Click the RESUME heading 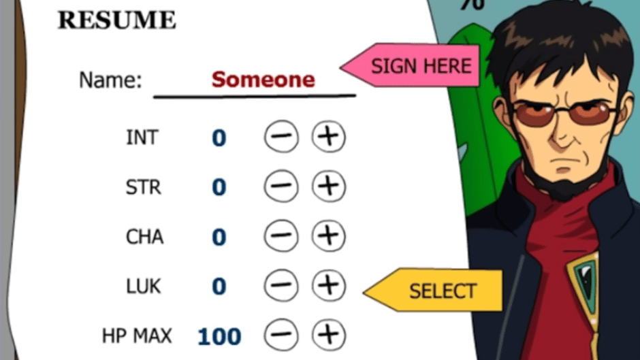pos(116,20)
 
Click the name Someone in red pos(263,79)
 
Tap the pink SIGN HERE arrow pos(410,65)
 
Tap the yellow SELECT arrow pos(432,290)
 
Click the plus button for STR pos(329,186)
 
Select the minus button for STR pos(281,186)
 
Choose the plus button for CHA pos(329,236)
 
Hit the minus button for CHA pos(281,236)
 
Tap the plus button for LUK pos(329,286)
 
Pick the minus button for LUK pos(281,286)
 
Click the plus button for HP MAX pos(329,335)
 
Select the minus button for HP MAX pos(281,335)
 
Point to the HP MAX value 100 pos(219,337)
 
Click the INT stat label pos(142,137)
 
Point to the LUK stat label pos(143,286)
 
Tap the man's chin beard pos(565,186)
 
